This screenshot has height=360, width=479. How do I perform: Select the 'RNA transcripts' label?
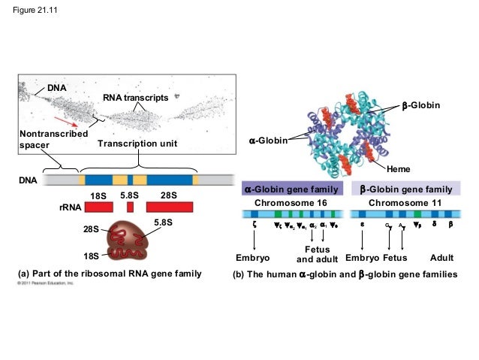click(x=135, y=98)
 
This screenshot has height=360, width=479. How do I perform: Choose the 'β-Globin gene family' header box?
click(x=409, y=189)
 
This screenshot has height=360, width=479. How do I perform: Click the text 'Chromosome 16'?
click(x=291, y=203)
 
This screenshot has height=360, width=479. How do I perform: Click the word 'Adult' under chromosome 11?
click(x=442, y=259)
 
